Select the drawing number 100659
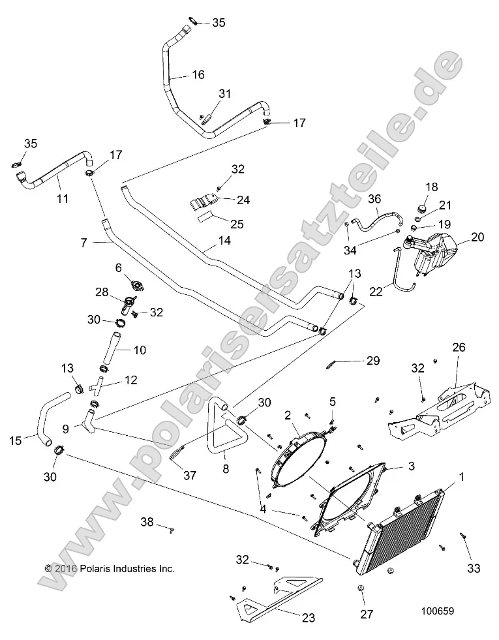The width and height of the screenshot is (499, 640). (438, 612)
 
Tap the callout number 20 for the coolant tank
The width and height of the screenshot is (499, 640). (477, 237)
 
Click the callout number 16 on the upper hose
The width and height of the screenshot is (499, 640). (198, 75)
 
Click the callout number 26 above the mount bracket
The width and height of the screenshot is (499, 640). (459, 348)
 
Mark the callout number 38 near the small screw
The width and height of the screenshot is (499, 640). (147, 522)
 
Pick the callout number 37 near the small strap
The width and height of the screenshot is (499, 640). (190, 476)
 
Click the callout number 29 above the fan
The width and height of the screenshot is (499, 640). (372, 360)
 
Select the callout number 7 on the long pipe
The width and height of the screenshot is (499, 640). (83, 243)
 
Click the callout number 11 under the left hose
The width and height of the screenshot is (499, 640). (62, 198)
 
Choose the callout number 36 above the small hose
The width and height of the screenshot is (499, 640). (374, 200)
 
